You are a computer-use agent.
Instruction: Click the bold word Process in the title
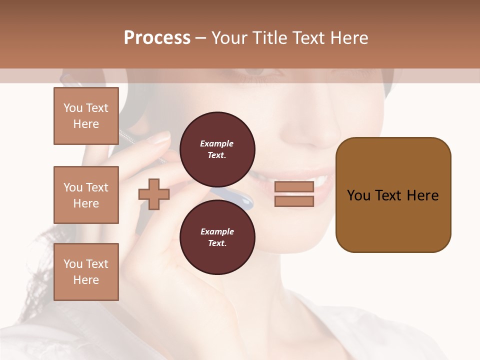point(157,38)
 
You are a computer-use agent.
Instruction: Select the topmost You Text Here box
point(86,116)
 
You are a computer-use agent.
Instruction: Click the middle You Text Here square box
point(86,195)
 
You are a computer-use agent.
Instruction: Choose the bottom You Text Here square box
point(86,272)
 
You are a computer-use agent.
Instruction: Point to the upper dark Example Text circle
point(217,149)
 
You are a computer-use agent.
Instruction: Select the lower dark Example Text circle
point(217,237)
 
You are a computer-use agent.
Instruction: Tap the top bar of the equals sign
point(294,187)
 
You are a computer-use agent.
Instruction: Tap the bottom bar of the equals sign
point(294,201)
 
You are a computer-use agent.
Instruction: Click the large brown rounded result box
point(393,195)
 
